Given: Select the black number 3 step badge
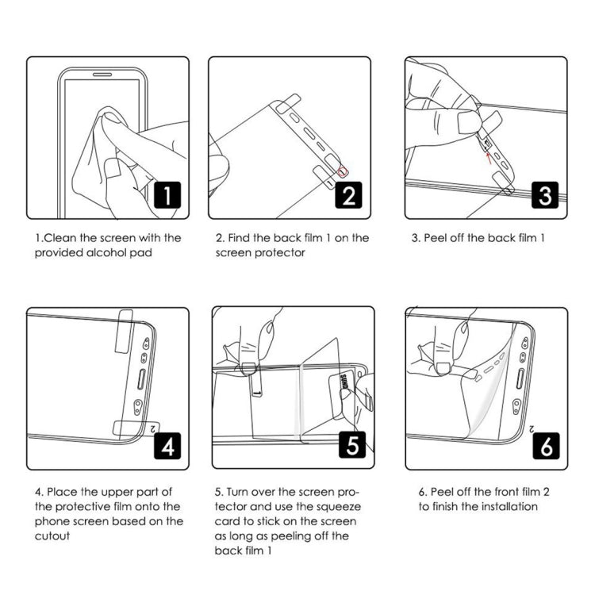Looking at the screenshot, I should [x=545, y=195].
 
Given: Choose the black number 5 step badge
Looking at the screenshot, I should [x=350, y=447].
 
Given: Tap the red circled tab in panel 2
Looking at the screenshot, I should [x=343, y=172].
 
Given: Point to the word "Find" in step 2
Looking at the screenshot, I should [x=243, y=238].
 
